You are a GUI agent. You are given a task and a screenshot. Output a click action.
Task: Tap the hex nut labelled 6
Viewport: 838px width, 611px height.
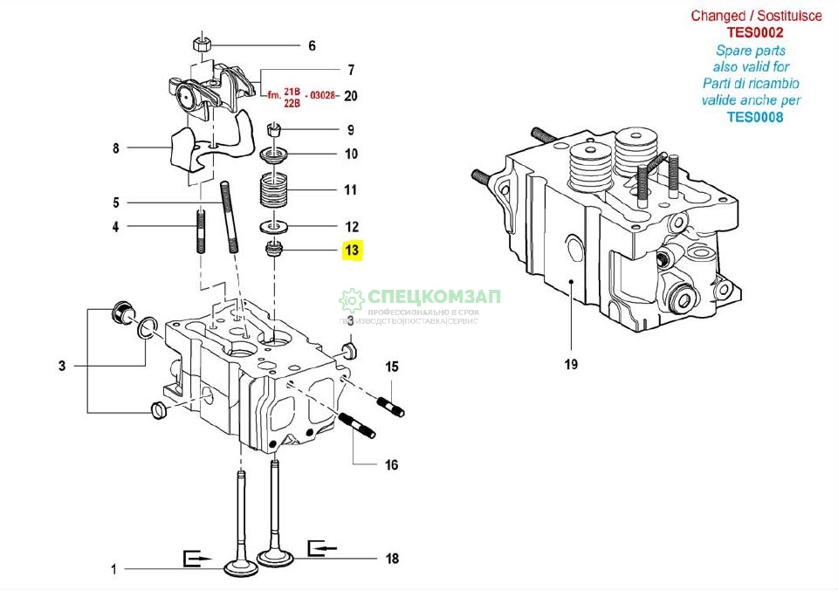(x=201, y=45)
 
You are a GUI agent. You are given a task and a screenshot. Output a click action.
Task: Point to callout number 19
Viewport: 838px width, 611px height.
(x=570, y=364)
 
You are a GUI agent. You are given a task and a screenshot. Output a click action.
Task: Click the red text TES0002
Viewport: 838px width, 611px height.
(x=756, y=32)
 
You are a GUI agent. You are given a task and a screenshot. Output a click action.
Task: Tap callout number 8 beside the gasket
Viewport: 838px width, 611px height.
(x=115, y=148)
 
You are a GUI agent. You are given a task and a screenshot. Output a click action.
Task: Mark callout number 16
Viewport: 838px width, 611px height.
(x=392, y=465)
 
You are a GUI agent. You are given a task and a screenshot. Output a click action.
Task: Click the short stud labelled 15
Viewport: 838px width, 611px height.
(x=390, y=406)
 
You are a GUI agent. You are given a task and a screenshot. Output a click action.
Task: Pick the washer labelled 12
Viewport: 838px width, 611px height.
(x=276, y=228)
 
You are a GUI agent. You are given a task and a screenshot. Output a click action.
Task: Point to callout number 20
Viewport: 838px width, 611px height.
(x=351, y=96)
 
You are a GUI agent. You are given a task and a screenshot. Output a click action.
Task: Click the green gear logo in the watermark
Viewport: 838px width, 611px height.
(x=351, y=300)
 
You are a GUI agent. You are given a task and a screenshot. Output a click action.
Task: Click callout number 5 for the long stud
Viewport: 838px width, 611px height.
(x=115, y=203)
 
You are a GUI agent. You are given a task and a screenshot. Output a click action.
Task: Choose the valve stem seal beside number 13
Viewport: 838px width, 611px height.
(x=276, y=251)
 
